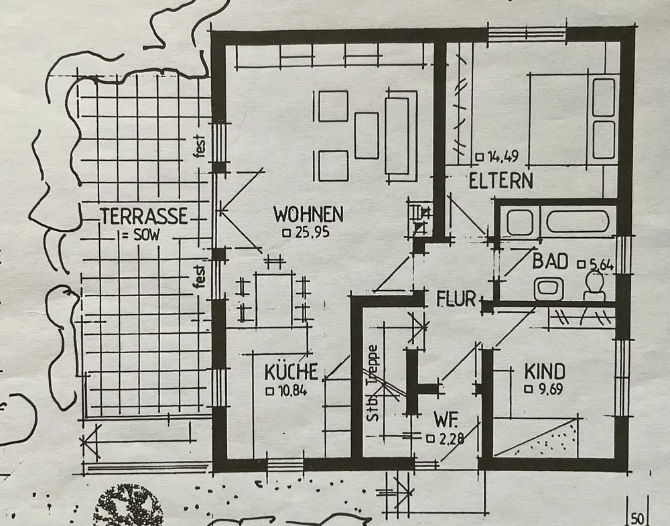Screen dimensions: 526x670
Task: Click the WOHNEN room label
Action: (308, 215)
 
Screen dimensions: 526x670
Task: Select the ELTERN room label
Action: (501, 180)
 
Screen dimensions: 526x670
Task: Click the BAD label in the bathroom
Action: (550, 261)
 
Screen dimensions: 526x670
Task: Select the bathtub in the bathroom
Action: (577, 222)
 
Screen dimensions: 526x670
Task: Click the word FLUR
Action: (456, 298)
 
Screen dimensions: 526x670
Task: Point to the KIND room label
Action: (544, 371)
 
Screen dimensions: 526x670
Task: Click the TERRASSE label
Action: (143, 216)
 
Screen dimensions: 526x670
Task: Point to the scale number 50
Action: (636, 518)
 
